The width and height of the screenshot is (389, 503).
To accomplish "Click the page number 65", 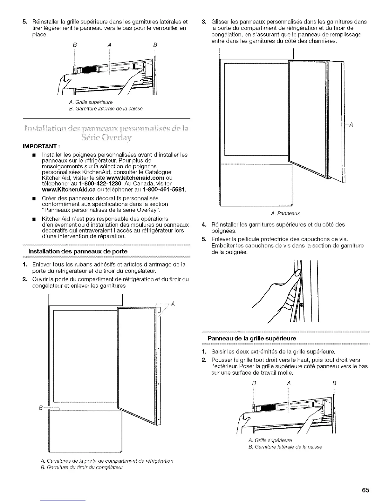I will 365,490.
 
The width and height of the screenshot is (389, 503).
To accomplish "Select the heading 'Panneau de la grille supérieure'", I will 251,339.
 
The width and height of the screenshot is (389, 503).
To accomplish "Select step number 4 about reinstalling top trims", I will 205,225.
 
